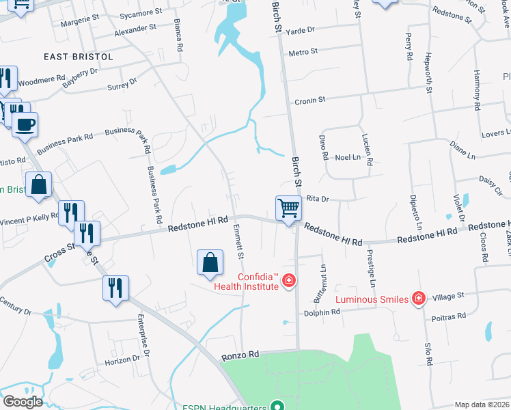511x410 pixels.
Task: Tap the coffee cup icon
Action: tap(25, 125)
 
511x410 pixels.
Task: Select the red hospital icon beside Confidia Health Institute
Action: tap(289, 281)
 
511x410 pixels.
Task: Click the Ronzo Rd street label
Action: tap(241, 355)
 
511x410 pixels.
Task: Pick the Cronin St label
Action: tap(309, 100)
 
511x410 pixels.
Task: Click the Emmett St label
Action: tap(239, 243)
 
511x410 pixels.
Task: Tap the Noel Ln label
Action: tap(347, 157)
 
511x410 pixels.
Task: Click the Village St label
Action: tap(448, 296)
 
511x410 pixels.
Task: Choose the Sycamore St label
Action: tap(140, 12)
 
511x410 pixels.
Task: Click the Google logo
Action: tap(23, 402)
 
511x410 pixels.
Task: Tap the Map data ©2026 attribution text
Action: tap(482, 405)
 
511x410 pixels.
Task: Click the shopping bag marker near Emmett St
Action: tap(210, 263)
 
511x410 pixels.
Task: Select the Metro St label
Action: tap(303, 52)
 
